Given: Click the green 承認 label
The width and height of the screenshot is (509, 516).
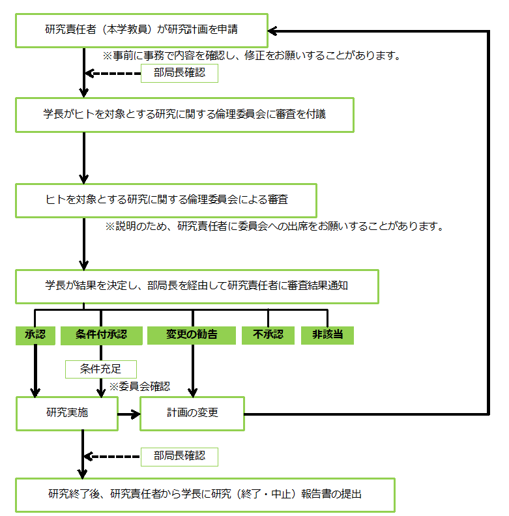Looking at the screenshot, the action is (35, 336).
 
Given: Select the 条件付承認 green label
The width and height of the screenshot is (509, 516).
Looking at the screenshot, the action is (102, 336).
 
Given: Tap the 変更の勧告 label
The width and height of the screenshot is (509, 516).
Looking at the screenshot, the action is (192, 336).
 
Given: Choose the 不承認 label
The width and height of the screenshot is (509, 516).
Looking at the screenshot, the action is (268, 336).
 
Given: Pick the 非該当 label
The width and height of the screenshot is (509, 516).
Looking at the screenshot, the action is (327, 336).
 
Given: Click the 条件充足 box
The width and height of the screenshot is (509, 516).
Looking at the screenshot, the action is (101, 369).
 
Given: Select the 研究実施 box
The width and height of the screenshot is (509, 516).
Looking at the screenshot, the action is (67, 414).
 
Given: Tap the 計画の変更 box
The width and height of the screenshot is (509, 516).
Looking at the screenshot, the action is (192, 414).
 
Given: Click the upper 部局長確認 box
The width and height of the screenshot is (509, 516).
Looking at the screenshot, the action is (179, 73).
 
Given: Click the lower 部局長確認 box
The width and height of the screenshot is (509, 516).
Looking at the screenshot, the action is (179, 457).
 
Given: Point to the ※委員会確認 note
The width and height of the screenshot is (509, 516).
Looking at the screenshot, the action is (139, 386).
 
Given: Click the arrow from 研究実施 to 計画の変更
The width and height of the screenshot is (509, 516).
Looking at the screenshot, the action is (129, 414).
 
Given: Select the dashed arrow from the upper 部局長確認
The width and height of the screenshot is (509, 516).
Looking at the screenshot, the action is (113, 74).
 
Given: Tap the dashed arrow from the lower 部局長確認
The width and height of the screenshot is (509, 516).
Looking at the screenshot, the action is (112, 457).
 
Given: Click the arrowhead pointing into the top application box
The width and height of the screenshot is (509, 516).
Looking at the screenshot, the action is (272, 31).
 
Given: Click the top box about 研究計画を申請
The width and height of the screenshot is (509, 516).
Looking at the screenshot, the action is (141, 31).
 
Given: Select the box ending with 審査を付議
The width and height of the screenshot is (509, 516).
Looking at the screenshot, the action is (184, 115).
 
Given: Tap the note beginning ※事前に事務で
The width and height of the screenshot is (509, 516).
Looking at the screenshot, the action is (252, 55).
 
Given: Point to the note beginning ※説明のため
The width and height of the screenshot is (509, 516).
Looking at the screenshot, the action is (274, 227).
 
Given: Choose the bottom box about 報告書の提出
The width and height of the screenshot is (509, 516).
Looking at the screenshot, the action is (205, 495).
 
